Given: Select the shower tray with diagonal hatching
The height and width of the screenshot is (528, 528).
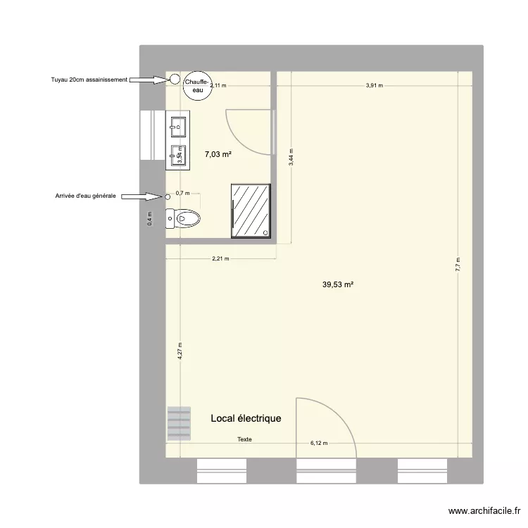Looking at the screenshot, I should (x=251, y=210).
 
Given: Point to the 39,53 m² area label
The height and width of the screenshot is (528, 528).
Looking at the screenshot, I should (x=338, y=285).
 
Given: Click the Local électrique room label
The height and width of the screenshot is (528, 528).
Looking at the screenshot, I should (x=246, y=418).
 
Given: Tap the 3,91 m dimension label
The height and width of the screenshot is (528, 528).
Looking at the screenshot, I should (x=374, y=86).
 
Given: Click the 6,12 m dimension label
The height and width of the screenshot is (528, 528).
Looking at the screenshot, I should (x=320, y=444).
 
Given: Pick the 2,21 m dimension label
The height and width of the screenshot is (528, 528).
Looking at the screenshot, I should (x=220, y=258).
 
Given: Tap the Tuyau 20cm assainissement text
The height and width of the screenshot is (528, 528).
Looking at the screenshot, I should (x=89, y=80).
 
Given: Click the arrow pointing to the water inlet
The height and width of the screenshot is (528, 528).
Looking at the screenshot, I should (x=143, y=197).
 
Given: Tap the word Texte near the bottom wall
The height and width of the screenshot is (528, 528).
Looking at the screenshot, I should (x=244, y=439).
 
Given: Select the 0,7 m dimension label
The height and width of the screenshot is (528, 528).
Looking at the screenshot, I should (x=182, y=193).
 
